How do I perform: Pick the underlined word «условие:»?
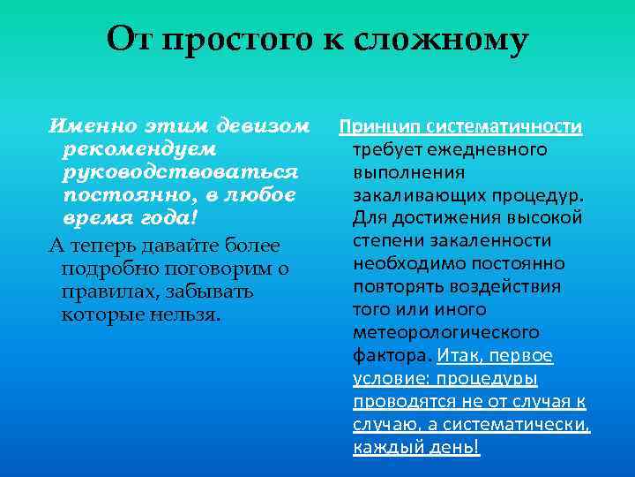[389, 379]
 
